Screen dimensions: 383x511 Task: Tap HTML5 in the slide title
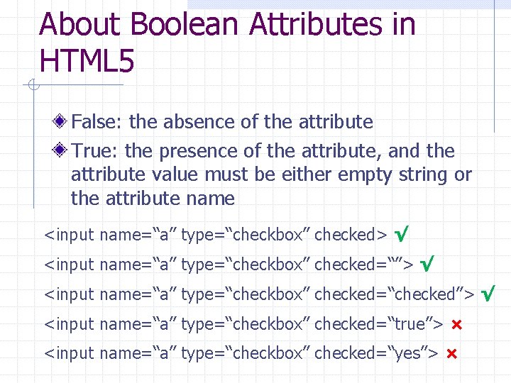(87, 62)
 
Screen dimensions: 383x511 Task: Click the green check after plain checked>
(402, 233)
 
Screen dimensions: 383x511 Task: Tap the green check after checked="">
(427, 264)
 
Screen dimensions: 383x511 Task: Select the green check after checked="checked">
(488, 293)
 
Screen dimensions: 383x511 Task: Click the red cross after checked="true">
(456, 324)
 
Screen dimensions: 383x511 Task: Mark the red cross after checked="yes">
(451, 353)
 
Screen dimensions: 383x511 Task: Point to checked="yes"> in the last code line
(375, 353)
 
